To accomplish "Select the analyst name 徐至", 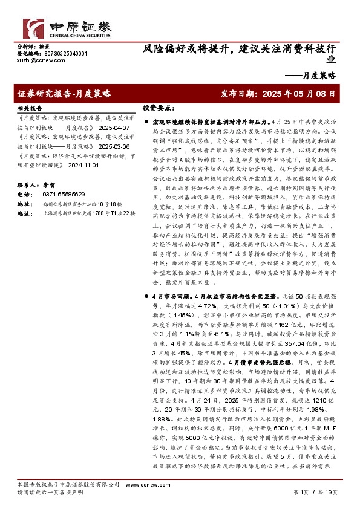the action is pos(44,46).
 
